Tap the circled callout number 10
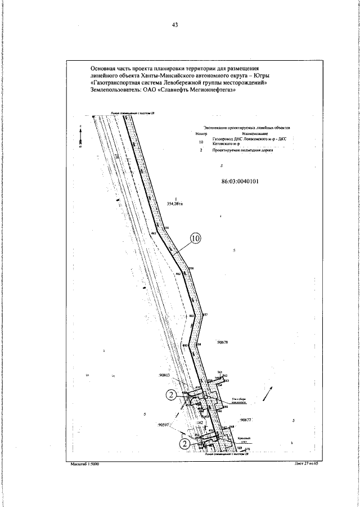click(x=195, y=239)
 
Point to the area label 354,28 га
click(x=176, y=204)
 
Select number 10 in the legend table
click(x=201, y=142)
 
